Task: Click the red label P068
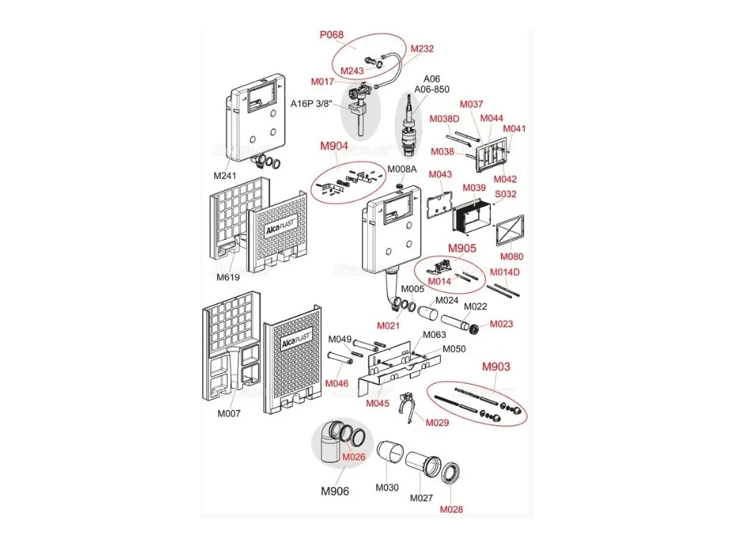(331, 34)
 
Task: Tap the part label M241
(224, 176)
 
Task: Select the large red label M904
(334, 146)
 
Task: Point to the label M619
(228, 277)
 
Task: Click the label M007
(229, 413)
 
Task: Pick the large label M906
(335, 491)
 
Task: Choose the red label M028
(452, 509)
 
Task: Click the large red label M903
(496, 367)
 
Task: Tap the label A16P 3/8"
(311, 103)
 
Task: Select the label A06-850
(432, 89)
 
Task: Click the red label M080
(512, 256)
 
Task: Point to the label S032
(505, 193)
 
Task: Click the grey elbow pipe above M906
(333, 441)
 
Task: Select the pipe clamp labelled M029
(408, 407)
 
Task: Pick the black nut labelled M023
(475, 329)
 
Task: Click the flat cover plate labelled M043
(439, 205)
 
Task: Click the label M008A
(401, 169)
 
